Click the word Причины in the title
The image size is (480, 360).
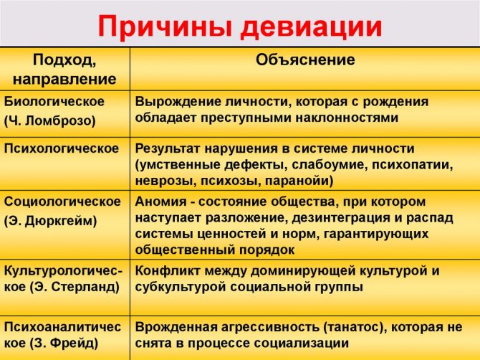165,27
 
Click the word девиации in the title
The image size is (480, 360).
312,27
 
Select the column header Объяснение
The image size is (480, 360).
305,60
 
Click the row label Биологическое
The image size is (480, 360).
54,102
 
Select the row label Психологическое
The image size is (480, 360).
61,148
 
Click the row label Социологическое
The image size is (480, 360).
62,202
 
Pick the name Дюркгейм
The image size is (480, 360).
59,221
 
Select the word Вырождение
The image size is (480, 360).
178,102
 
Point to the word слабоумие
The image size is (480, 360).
330,165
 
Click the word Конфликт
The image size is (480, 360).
166,271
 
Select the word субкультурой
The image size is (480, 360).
181,287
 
